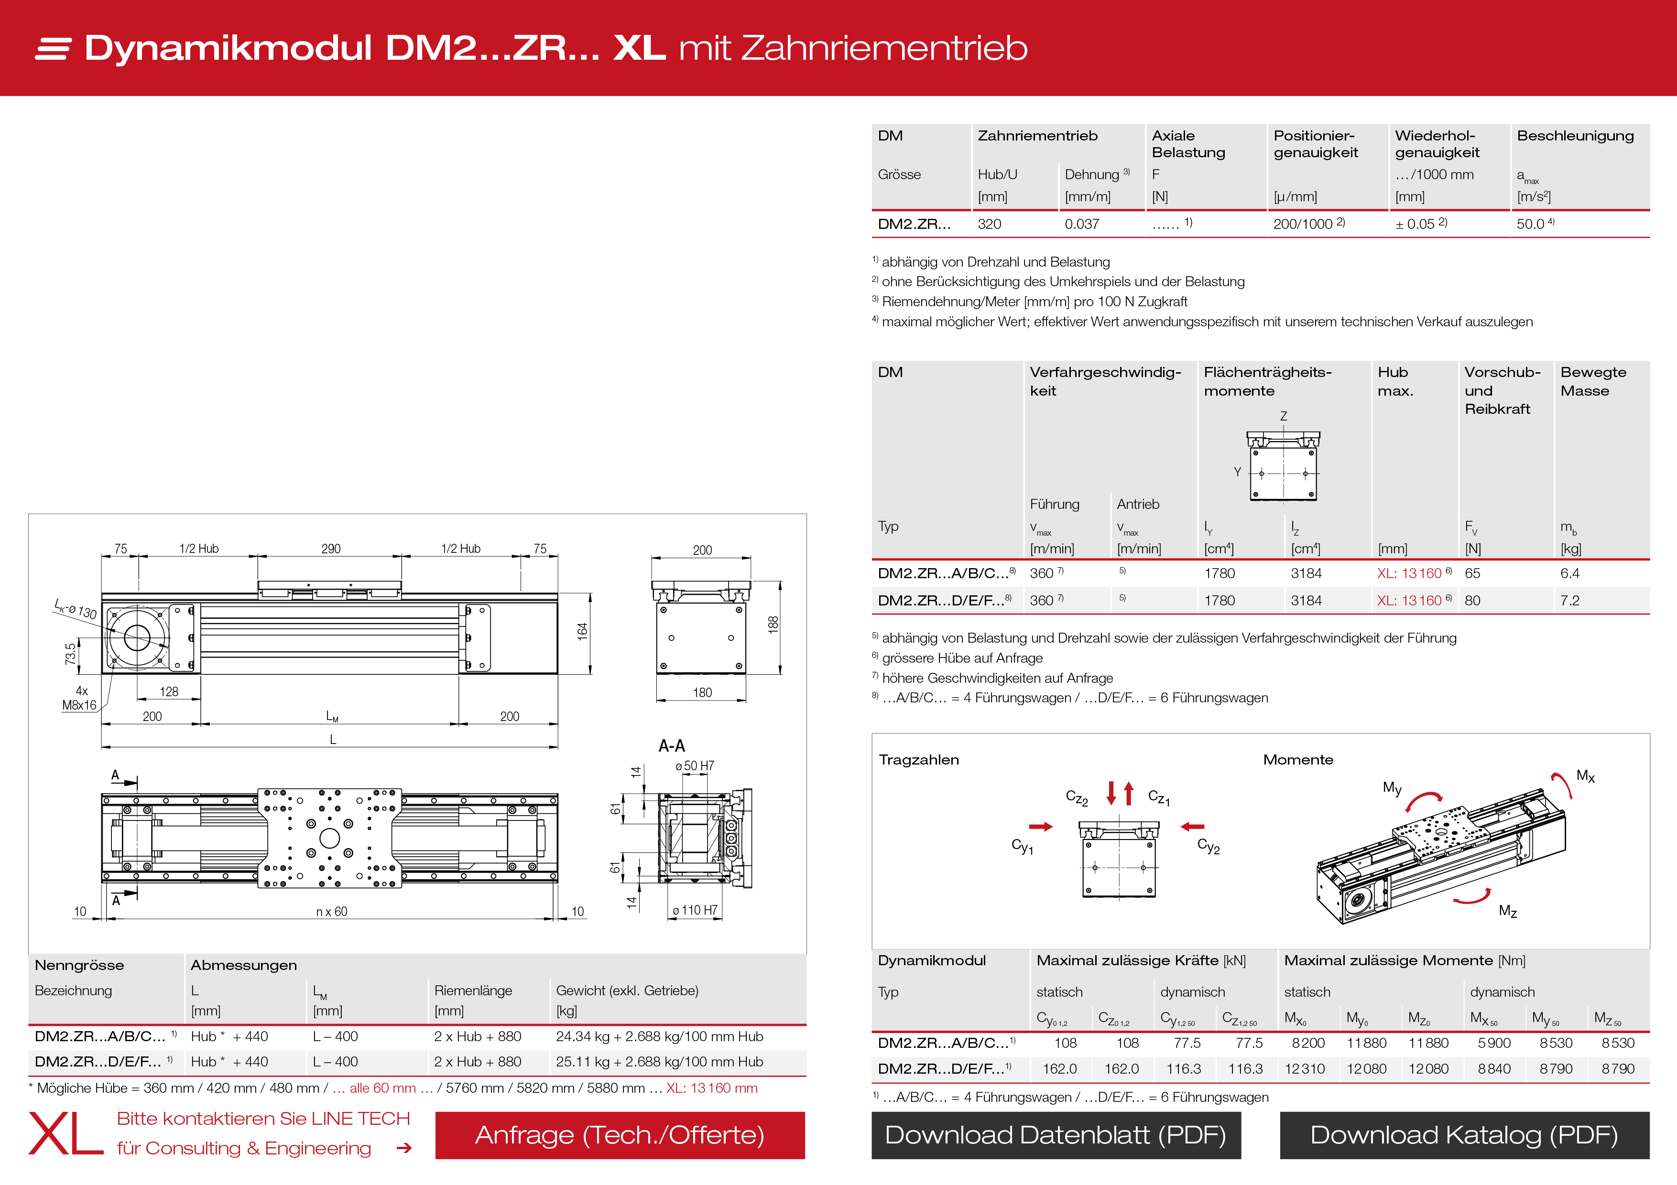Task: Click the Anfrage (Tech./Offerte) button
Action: tap(620, 1135)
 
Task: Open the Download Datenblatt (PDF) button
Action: tap(1056, 1135)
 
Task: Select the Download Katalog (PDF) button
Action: tap(1464, 1135)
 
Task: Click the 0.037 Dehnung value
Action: tap(1082, 224)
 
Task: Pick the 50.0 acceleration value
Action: tap(1531, 224)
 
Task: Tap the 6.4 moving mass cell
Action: tap(1569, 573)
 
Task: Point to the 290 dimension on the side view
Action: tap(331, 549)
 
